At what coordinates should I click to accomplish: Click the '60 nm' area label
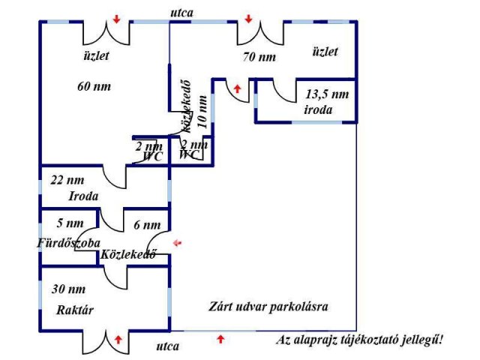[x=94, y=86]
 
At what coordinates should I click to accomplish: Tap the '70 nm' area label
[x=259, y=56]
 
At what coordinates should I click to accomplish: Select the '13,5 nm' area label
[x=328, y=94]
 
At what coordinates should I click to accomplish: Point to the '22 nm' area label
[x=67, y=180]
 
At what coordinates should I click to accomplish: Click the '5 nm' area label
[x=70, y=223]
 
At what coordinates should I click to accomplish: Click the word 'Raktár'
[x=75, y=310]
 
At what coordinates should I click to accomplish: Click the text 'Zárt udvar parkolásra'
[x=268, y=307]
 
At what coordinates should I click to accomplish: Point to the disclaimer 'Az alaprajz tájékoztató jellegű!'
[x=360, y=340]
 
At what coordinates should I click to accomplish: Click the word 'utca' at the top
[x=181, y=13]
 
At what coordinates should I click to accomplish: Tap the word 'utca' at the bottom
[x=166, y=346]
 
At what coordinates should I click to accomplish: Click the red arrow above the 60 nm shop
[x=115, y=19]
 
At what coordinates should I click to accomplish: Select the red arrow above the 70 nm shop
[x=249, y=19]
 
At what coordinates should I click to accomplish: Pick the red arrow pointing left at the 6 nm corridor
[x=177, y=243]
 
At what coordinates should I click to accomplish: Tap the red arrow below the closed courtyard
[x=220, y=340]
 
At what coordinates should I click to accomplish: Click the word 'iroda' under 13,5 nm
[x=318, y=109]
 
